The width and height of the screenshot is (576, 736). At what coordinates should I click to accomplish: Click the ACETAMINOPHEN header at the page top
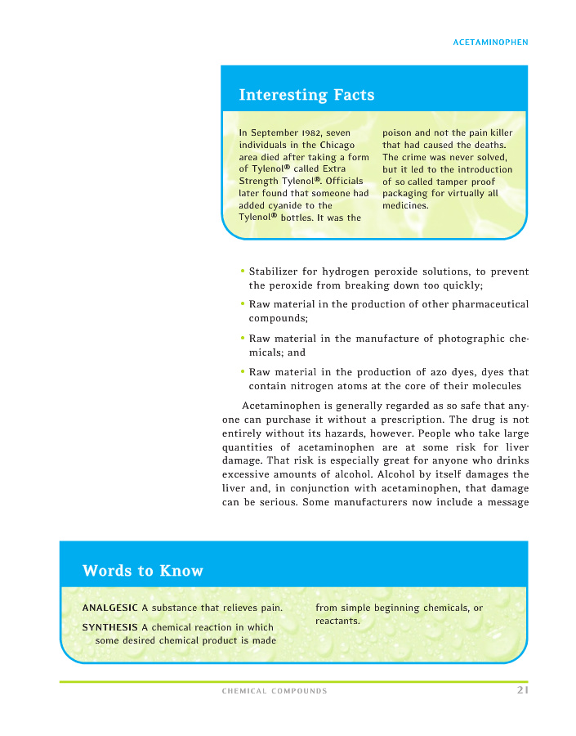tap(490, 42)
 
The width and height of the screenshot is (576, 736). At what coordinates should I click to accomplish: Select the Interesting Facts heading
tap(306, 95)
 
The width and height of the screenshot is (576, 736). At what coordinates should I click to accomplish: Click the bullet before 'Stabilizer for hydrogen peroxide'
tap(243, 271)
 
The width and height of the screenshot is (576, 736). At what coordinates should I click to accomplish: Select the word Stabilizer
tap(277, 272)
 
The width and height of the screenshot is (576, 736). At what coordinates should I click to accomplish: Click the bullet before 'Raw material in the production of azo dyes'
tap(243, 370)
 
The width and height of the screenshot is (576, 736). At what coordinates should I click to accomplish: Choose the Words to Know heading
tap(143, 571)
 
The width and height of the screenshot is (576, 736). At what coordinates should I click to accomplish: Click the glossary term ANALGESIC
tap(110, 608)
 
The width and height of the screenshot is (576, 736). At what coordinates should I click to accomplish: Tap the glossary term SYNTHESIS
tap(109, 627)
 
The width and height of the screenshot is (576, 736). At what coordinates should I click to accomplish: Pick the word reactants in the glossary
tap(337, 622)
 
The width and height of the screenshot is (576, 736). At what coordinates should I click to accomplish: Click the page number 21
tap(521, 691)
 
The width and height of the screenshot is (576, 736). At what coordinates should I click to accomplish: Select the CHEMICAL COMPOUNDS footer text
tap(275, 692)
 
